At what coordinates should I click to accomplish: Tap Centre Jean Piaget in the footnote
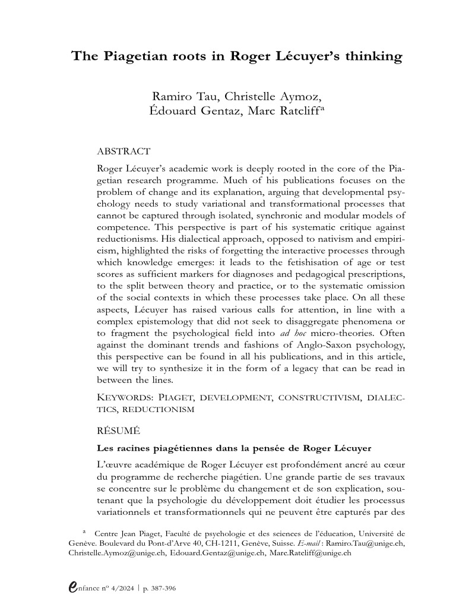click(124, 533)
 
